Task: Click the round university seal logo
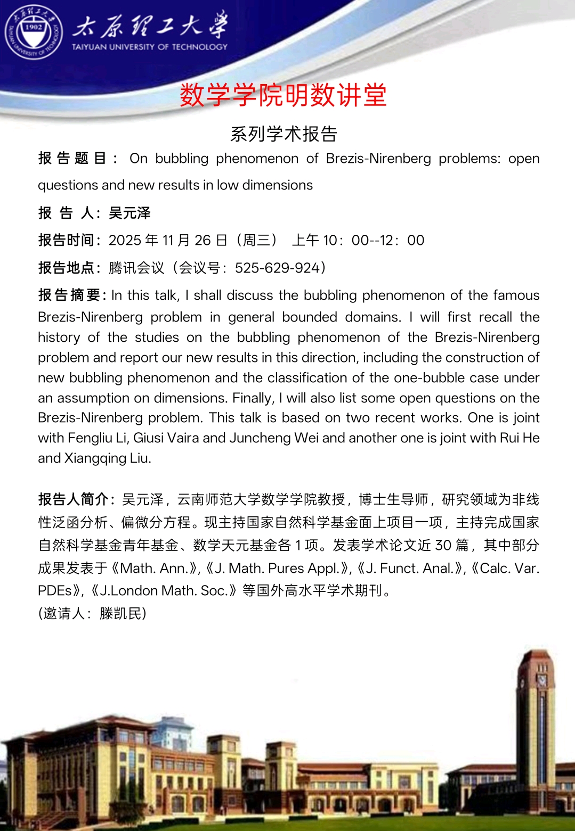tap(33, 32)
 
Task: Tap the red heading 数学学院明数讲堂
tap(283, 96)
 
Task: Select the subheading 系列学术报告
tap(284, 134)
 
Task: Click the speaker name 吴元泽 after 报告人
tap(129, 213)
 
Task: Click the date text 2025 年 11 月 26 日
tap(168, 241)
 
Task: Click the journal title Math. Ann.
tap(155, 569)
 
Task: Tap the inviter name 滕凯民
tap(120, 614)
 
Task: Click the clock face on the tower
tap(541, 680)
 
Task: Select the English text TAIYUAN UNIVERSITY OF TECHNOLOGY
tap(150, 47)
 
